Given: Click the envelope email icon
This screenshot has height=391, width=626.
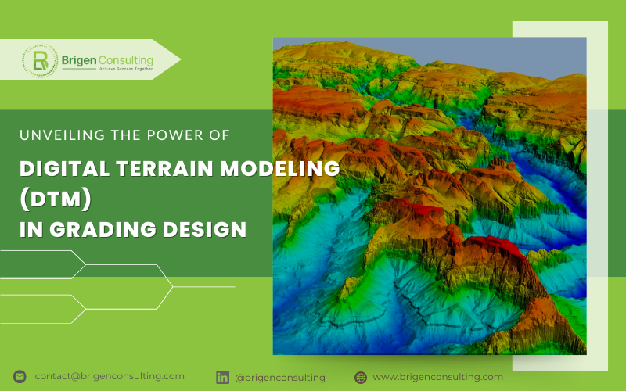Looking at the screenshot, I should (20, 377).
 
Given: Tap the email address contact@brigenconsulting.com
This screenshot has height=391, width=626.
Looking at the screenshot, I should (110, 376).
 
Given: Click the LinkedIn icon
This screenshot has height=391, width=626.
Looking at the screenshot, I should (222, 377).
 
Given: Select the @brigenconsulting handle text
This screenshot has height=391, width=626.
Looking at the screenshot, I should (280, 377).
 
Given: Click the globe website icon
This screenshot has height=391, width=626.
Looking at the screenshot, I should (360, 377).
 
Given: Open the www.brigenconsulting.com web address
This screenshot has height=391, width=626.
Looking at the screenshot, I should (437, 376).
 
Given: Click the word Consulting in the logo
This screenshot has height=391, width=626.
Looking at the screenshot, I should (124, 59).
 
